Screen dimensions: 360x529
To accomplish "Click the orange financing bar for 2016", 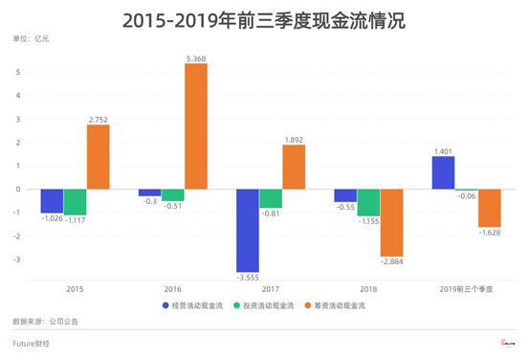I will (195, 125).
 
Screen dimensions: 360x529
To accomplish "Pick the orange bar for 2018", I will (391, 222).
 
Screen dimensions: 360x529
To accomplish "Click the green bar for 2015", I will (75, 202).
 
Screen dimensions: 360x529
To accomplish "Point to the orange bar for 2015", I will (98, 156).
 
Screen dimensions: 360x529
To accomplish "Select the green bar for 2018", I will (367, 202).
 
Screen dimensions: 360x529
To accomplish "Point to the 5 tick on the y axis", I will (17, 72).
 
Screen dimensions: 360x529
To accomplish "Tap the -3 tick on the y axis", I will (16, 259).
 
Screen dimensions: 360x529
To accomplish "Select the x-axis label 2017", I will (270, 286).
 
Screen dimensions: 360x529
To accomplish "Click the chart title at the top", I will (264, 20).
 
